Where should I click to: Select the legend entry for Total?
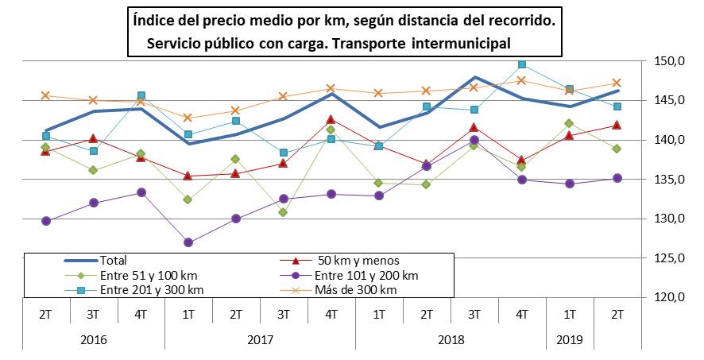tap(113, 260)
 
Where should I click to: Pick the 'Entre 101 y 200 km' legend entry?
tap(366, 275)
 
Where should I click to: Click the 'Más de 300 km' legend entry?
tap(355, 290)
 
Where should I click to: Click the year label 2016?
tap(94, 339)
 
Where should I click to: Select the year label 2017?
tap(260, 339)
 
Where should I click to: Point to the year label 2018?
tap(451, 339)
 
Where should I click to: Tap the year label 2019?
tap(569, 339)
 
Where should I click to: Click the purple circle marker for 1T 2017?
tap(188, 242)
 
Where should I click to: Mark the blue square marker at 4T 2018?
tap(522, 64)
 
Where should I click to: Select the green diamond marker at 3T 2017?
tap(284, 212)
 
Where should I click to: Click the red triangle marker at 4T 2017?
tap(331, 119)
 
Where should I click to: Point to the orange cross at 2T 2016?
tap(46, 95)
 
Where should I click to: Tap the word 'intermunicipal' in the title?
tap(461, 43)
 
